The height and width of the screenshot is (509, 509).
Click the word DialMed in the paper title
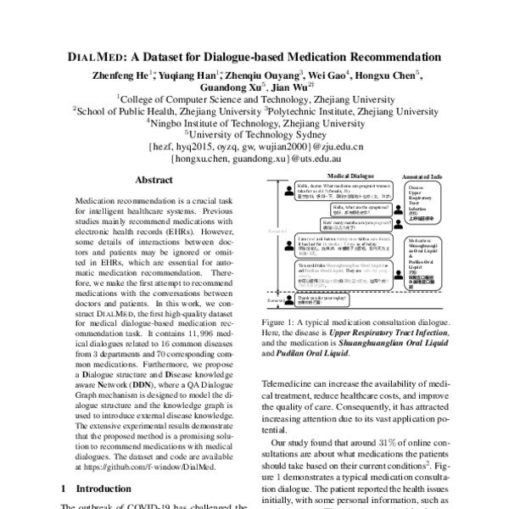pyautogui.click(x=98, y=59)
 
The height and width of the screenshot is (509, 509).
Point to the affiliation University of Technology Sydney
pyautogui.click(x=254, y=133)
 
